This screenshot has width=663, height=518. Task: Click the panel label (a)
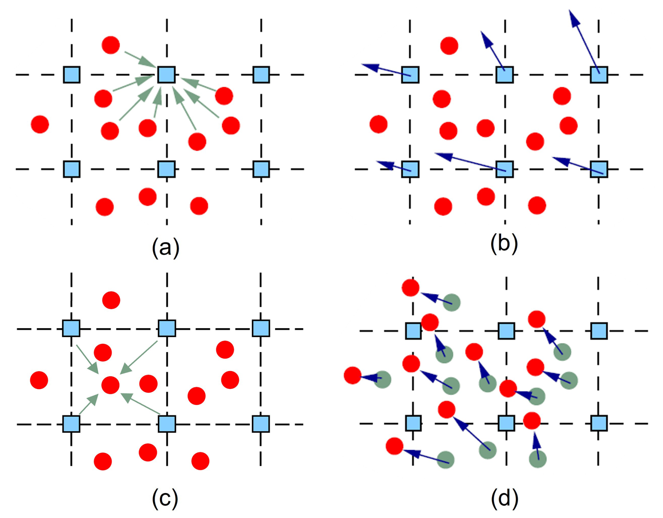pyautogui.click(x=165, y=248)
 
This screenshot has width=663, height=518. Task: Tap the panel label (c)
pyautogui.click(x=165, y=498)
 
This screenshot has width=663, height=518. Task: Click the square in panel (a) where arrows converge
pyautogui.click(x=166, y=75)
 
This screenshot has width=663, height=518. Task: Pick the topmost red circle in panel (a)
pyautogui.click(x=111, y=45)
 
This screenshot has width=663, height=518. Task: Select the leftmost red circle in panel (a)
pyautogui.click(x=40, y=124)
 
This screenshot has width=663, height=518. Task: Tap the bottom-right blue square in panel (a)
pyautogui.click(x=261, y=169)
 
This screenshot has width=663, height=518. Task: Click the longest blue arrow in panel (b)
pyautogui.click(x=584, y=42)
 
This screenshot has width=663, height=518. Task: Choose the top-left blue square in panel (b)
pyautogui.click(x=410, y=75)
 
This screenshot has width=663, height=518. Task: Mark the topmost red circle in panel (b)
pyautogui.click(x=449, y=46)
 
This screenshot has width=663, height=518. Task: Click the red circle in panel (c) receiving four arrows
pyautogui.click(x=110, y=385)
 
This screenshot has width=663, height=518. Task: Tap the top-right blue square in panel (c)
pyautogui.click(x=261, y=329)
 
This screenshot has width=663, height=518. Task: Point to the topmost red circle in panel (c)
pyautogui.click(x=111, y=300)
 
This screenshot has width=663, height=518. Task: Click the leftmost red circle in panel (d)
pyautogui.click(x=353, y=376)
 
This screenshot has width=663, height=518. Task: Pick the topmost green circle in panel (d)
pyautogui.click(x=451, y=302)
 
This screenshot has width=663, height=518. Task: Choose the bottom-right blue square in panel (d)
pyautogui.click(x=599, y=423)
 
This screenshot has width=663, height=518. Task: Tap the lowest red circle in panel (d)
pyautogui.click(x=395, y=446)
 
